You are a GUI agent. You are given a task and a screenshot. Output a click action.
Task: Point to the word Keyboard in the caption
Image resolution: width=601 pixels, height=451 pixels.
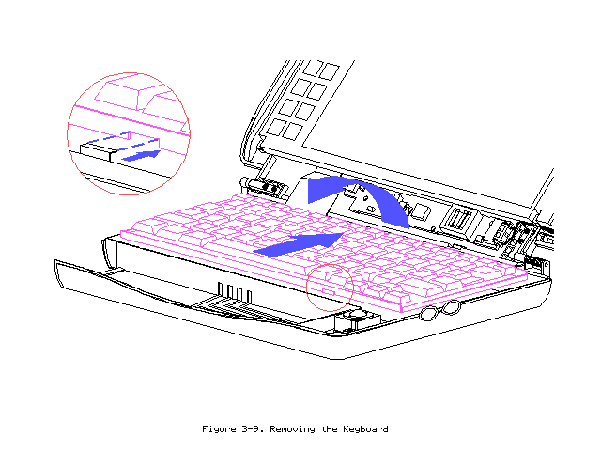(x=364, y=429)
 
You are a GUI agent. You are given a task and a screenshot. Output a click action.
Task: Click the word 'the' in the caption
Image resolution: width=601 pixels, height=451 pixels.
(x=328, y=429)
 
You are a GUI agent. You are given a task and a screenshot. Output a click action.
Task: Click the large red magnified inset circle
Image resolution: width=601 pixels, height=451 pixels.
(x=129, y=132)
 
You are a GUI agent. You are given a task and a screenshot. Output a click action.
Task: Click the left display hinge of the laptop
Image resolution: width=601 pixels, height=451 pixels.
(x=268, y=187)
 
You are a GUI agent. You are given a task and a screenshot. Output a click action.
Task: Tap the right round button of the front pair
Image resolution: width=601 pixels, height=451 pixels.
(x=452, y=307)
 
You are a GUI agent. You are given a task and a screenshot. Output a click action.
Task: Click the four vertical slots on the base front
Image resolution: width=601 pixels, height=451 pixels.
(x=235, y=292)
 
